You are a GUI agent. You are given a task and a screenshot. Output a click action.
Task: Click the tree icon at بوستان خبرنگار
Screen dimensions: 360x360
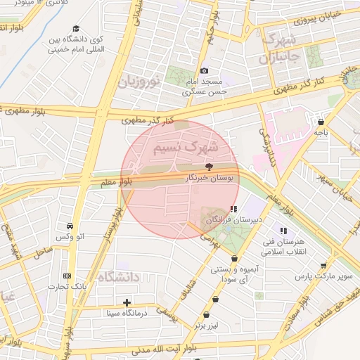[x=210, y=167]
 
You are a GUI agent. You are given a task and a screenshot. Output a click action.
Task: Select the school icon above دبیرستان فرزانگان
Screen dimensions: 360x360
[x=233, y=209]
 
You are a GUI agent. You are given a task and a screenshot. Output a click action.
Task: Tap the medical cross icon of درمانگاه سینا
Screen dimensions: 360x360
[x=127, y=302]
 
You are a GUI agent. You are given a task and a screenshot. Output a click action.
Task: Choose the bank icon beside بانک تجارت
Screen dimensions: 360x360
[x=67, y=276]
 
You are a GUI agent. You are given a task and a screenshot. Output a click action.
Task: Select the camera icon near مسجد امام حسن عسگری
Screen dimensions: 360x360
[x=205, y=70]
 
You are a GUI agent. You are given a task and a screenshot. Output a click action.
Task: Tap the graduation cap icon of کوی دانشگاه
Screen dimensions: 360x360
[x=75, y=28]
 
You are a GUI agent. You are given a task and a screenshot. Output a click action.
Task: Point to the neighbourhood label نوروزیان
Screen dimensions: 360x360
[x=139, y=81]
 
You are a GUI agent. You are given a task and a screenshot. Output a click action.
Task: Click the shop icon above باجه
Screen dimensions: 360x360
[x=321, y=121]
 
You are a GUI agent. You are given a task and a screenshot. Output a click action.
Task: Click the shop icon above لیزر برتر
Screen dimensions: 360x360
[x=206, y=315]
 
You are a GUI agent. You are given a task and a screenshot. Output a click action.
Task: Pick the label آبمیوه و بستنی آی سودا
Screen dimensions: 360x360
[x=234, y=275]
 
